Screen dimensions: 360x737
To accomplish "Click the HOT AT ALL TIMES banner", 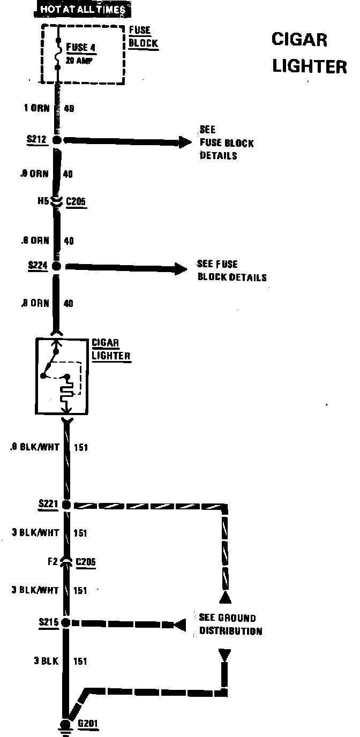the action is coord(82,9).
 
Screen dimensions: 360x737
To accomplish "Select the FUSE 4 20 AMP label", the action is coord(80,53).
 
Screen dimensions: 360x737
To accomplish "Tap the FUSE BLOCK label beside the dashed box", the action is coord(144,37).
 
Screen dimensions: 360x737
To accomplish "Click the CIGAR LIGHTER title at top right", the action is coord(309,52).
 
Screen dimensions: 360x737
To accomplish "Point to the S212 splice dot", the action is coord(57,140).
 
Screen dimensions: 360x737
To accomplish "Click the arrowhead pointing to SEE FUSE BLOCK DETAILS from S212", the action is coord(185,142).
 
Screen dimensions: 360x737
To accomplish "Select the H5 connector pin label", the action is coord(43,202).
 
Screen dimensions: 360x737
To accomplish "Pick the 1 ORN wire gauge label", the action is coord(37,108).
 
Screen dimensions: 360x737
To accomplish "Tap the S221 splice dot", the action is coord(66,505).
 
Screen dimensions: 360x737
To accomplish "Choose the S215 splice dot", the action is coord(66,623).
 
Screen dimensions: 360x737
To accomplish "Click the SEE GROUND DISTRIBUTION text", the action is coord(230,624).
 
